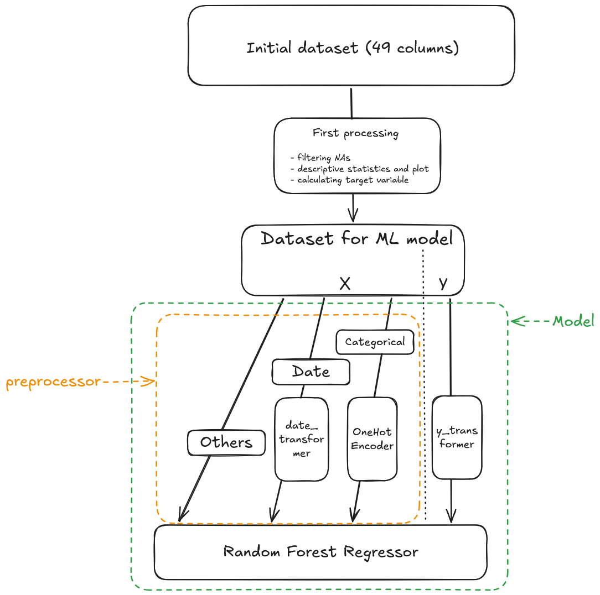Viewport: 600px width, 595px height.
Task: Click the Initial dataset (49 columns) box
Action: (352, 48)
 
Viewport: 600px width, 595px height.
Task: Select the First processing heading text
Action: (355, 133)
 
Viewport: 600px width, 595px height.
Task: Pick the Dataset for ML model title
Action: (356, 239)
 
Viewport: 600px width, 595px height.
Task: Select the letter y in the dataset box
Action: (443, 284)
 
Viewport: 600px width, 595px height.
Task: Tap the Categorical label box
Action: (375, 342)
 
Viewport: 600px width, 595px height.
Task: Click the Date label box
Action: (311, 372)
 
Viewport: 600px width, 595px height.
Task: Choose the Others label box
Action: (226, 442)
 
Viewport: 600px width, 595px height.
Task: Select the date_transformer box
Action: (302, 439)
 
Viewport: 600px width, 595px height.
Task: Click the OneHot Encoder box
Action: (372, 439)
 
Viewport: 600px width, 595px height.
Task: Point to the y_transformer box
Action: (457, 437)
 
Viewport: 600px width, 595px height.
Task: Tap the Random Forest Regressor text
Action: (320, 552)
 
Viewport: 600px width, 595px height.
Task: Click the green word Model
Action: (573, 321)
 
